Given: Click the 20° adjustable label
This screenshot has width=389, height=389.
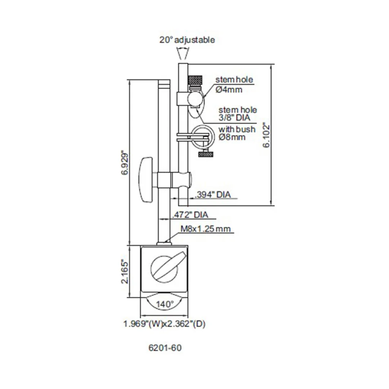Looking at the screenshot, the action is point(187,40).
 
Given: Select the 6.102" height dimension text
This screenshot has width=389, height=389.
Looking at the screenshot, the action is point(267,135).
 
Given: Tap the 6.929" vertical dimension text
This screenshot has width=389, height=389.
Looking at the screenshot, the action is point(125,162).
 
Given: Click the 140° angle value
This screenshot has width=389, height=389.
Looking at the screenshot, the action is point(165,304).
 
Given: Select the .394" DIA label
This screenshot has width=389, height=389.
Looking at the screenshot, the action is point(213,195).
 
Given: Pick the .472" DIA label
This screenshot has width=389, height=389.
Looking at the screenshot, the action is point(190,215).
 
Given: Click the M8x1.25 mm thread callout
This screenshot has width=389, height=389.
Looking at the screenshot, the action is point(206,229).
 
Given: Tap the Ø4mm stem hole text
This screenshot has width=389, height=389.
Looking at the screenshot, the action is point(229,90).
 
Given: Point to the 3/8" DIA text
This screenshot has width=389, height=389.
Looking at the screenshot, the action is point(234,117).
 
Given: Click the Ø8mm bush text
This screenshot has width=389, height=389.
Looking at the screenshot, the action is point(232,137).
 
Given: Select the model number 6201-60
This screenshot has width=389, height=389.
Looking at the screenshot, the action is point(165,348).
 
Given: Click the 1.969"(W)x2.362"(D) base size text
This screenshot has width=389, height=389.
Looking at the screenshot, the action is point(165,324).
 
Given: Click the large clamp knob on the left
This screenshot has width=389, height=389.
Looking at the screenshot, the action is point(146,180).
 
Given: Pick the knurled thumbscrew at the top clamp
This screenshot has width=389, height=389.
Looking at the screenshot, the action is point(195,80).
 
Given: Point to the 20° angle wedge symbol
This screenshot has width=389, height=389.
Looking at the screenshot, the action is point(183,54).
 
